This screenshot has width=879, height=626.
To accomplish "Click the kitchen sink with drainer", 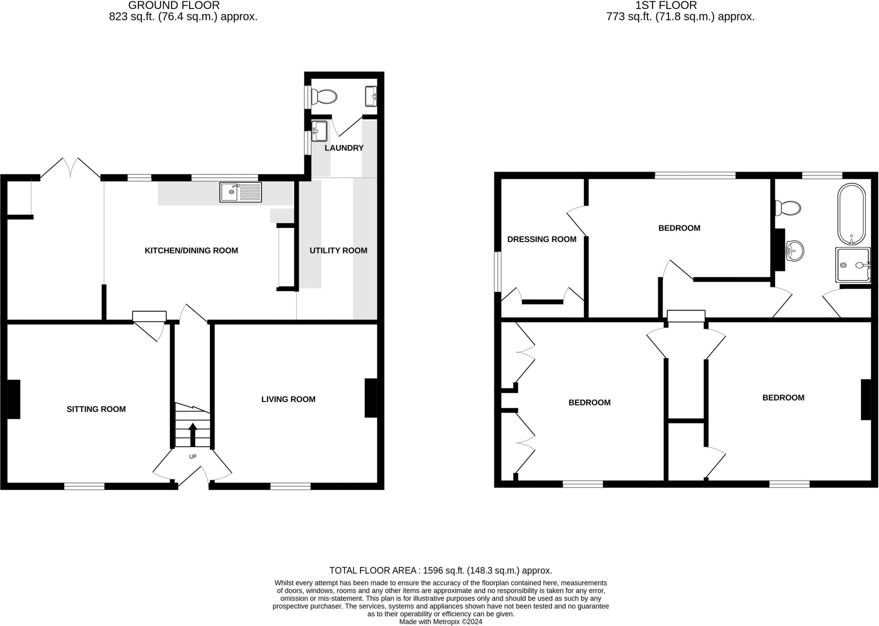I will point(240,192).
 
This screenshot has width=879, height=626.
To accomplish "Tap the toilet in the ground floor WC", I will point(324,97).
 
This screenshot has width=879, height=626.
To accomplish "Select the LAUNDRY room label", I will point(344,148).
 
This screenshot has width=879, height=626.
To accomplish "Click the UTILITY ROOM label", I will point(338,251).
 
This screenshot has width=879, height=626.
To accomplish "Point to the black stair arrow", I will point(193,434).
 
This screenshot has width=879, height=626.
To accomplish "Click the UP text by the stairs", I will point(193,457).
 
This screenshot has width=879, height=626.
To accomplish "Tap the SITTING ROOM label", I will point(96,409).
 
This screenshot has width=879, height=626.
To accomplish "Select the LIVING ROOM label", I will point(288,399).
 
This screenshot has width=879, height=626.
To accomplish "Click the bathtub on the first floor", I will point(852,214).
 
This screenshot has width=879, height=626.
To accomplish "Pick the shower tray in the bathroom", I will point(853,265).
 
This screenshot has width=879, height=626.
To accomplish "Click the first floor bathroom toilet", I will point(788,209).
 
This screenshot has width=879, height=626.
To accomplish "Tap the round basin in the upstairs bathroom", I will point(794,251).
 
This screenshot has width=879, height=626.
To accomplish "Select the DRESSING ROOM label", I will point(542,239).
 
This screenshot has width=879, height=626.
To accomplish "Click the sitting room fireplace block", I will point(14,399).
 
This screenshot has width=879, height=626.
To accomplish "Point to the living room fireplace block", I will point(371,398).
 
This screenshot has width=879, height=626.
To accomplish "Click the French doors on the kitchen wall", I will point(71,168).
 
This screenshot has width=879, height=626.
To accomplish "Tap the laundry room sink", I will point(319,131).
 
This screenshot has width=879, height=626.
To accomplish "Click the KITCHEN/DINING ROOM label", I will point(191,251).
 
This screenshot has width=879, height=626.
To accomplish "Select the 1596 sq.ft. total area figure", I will point(441,571).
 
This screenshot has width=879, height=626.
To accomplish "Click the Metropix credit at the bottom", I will point(440,622).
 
